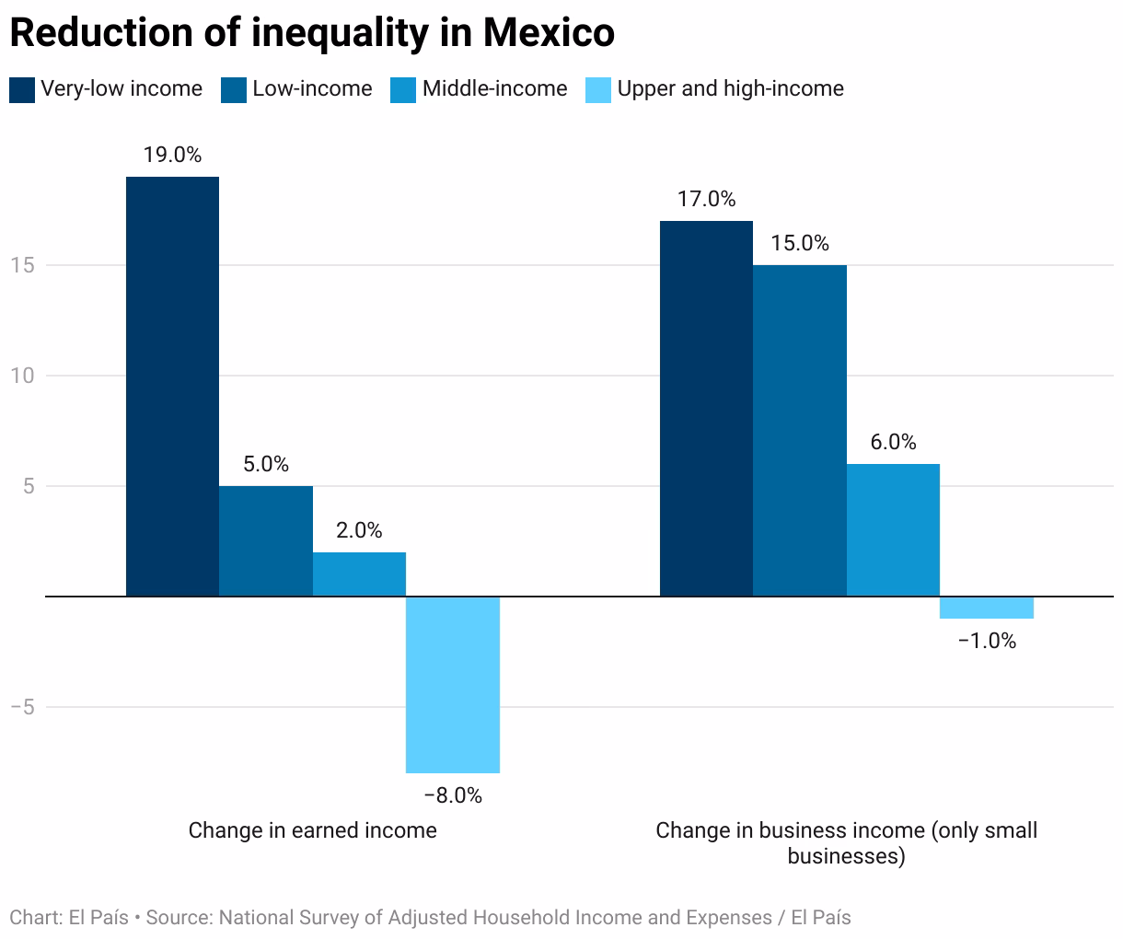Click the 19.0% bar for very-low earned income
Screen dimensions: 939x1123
(x=172, y=387)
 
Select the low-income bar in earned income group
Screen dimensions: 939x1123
(x=266, y=541)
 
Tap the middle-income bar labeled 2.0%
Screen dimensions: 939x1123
(x=359, y=574)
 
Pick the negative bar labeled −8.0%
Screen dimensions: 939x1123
(x=453, y=684)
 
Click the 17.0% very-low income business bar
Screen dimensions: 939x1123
(x=706, y=409)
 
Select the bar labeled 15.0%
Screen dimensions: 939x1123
(x=800, y=431)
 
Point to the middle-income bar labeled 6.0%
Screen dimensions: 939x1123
(x=893, y=530)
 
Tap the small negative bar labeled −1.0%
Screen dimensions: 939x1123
(x=987, y=608)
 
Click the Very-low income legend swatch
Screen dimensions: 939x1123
(x=22, y=89)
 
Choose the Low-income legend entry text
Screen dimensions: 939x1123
(x=312, y=88)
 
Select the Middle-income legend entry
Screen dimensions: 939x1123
(x=494, y=88)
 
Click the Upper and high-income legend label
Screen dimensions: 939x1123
(x=730, y=88)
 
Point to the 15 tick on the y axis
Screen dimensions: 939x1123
(x=22, y=265)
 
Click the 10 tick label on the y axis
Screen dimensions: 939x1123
(x=22, y=376)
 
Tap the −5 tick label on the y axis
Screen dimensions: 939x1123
(x=22, y=707)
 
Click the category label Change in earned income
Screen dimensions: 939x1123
(x=312, y=830)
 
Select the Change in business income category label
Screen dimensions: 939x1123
(x=846, y=842)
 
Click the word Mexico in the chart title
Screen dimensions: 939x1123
(x=549, y=32)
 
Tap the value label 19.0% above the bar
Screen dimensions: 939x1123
(x=172, y=155)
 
